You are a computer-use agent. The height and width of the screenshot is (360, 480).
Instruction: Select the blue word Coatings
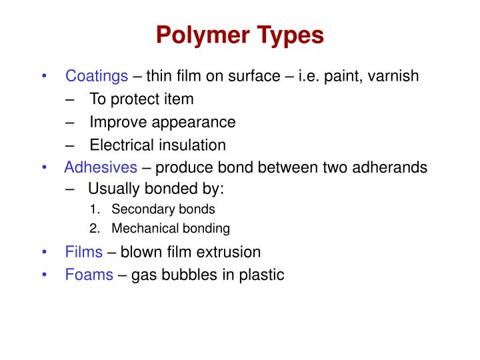tap(97, 76)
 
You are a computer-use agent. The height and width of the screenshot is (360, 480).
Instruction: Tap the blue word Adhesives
tap(101, 167)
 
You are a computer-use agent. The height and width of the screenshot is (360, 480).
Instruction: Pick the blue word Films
tap(84, 252)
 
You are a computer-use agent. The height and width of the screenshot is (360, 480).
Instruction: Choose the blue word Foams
tap(89, 274)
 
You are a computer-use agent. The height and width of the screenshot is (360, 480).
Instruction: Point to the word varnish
tap(393, 76)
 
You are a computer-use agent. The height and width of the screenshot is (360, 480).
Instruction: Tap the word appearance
tap(193, 123)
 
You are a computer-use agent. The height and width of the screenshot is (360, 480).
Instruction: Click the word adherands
tap(393, 167)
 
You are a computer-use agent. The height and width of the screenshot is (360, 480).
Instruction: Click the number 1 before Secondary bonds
tap(93, 209)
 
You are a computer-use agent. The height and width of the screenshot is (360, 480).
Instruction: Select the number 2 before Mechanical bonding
tap(93, 229)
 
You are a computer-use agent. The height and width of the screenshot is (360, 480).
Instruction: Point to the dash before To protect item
tap(71, 99)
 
